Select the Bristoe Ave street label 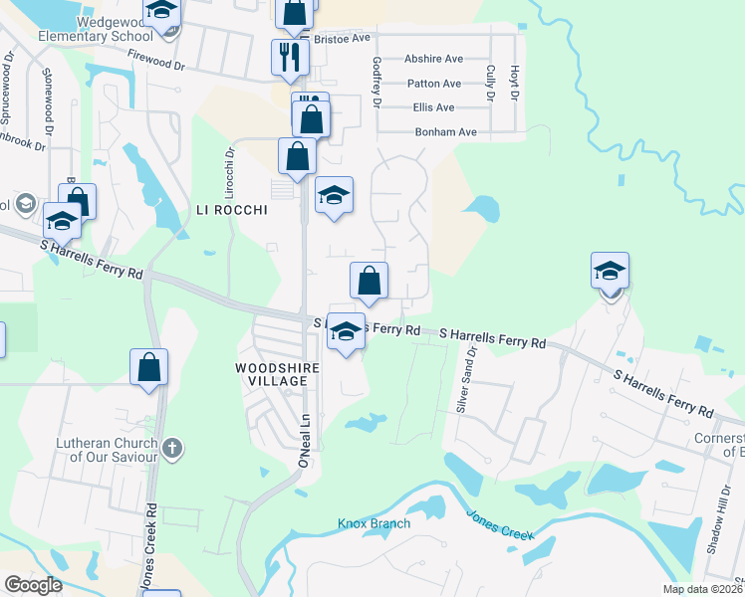click(342, 37)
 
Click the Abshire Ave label click(433, 59)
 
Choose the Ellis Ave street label click(432, 107)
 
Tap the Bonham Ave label click(445, 132)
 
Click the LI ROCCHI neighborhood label click(232, 210)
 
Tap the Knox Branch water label click(374, 523)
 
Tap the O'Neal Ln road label click(305, 443)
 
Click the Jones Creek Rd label click(151, 547)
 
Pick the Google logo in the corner click(33, 585)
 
